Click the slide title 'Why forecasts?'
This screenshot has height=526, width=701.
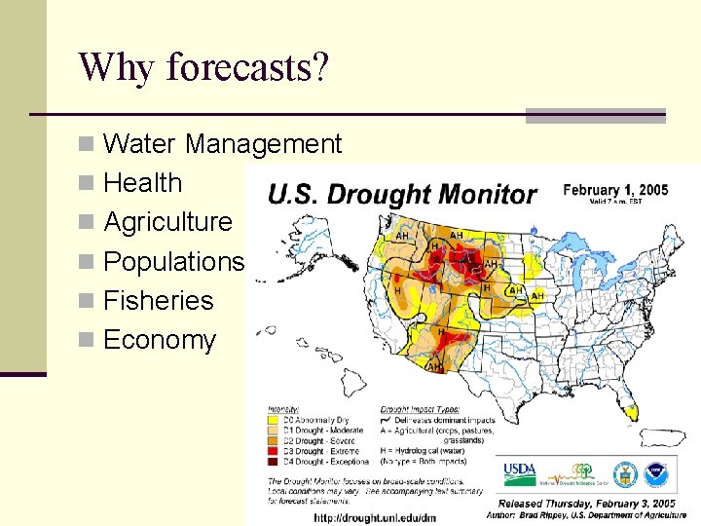(x=203, y=67)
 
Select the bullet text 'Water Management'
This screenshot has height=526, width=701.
(x=222, y=144)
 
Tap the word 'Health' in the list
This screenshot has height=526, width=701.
(x=142, y=183)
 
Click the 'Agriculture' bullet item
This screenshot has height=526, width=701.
(x=167, y=222)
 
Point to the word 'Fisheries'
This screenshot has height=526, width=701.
(x=158, y=300)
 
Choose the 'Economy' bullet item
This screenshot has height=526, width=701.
(x=159, y=340)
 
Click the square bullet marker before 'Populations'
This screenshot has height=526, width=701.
(x=89, y=262)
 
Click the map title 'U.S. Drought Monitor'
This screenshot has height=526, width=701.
(x=401, y=194)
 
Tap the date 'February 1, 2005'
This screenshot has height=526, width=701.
(x=615, y=190)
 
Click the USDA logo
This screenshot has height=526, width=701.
(x=518, y=473)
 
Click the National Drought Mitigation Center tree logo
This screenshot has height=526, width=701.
(x=582, y=472)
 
